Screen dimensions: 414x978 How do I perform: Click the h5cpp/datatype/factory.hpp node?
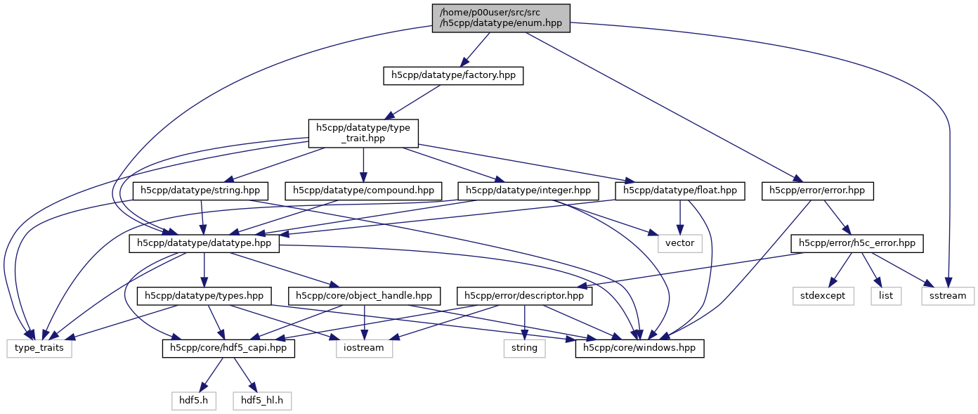(x=454, y=76)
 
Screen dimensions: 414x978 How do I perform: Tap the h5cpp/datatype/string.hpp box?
(x=201, y=190)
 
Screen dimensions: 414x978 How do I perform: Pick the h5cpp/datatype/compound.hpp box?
(x=363, y=190)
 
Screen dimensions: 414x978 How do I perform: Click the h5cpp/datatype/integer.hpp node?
(x=528, y=190)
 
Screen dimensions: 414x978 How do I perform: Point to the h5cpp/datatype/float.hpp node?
(x=679, y=190)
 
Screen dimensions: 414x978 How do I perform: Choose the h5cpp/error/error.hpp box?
(x=818, y=190)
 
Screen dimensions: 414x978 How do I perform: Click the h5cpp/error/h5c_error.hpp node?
(x=857, y=243)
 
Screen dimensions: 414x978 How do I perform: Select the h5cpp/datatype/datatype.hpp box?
(x=204, y=243)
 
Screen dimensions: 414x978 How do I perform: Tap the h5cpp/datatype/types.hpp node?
(x=204, y=296)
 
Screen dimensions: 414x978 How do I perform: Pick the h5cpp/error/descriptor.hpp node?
(x=525, y=296)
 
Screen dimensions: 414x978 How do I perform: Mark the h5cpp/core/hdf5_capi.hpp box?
(x=228, y=348)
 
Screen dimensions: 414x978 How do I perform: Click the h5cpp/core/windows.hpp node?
(x=639, y=348)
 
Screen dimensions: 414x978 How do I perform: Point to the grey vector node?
(x=679, y=243)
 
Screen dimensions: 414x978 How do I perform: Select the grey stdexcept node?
(x=823, y=296)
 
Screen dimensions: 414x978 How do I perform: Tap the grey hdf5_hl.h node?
(x=262, y=401)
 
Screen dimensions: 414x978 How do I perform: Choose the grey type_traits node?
(x=39, y=348)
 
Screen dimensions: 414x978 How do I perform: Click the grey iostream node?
(x=364, y=348)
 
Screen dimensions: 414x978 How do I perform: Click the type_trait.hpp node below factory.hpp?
(x=363, y=133)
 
